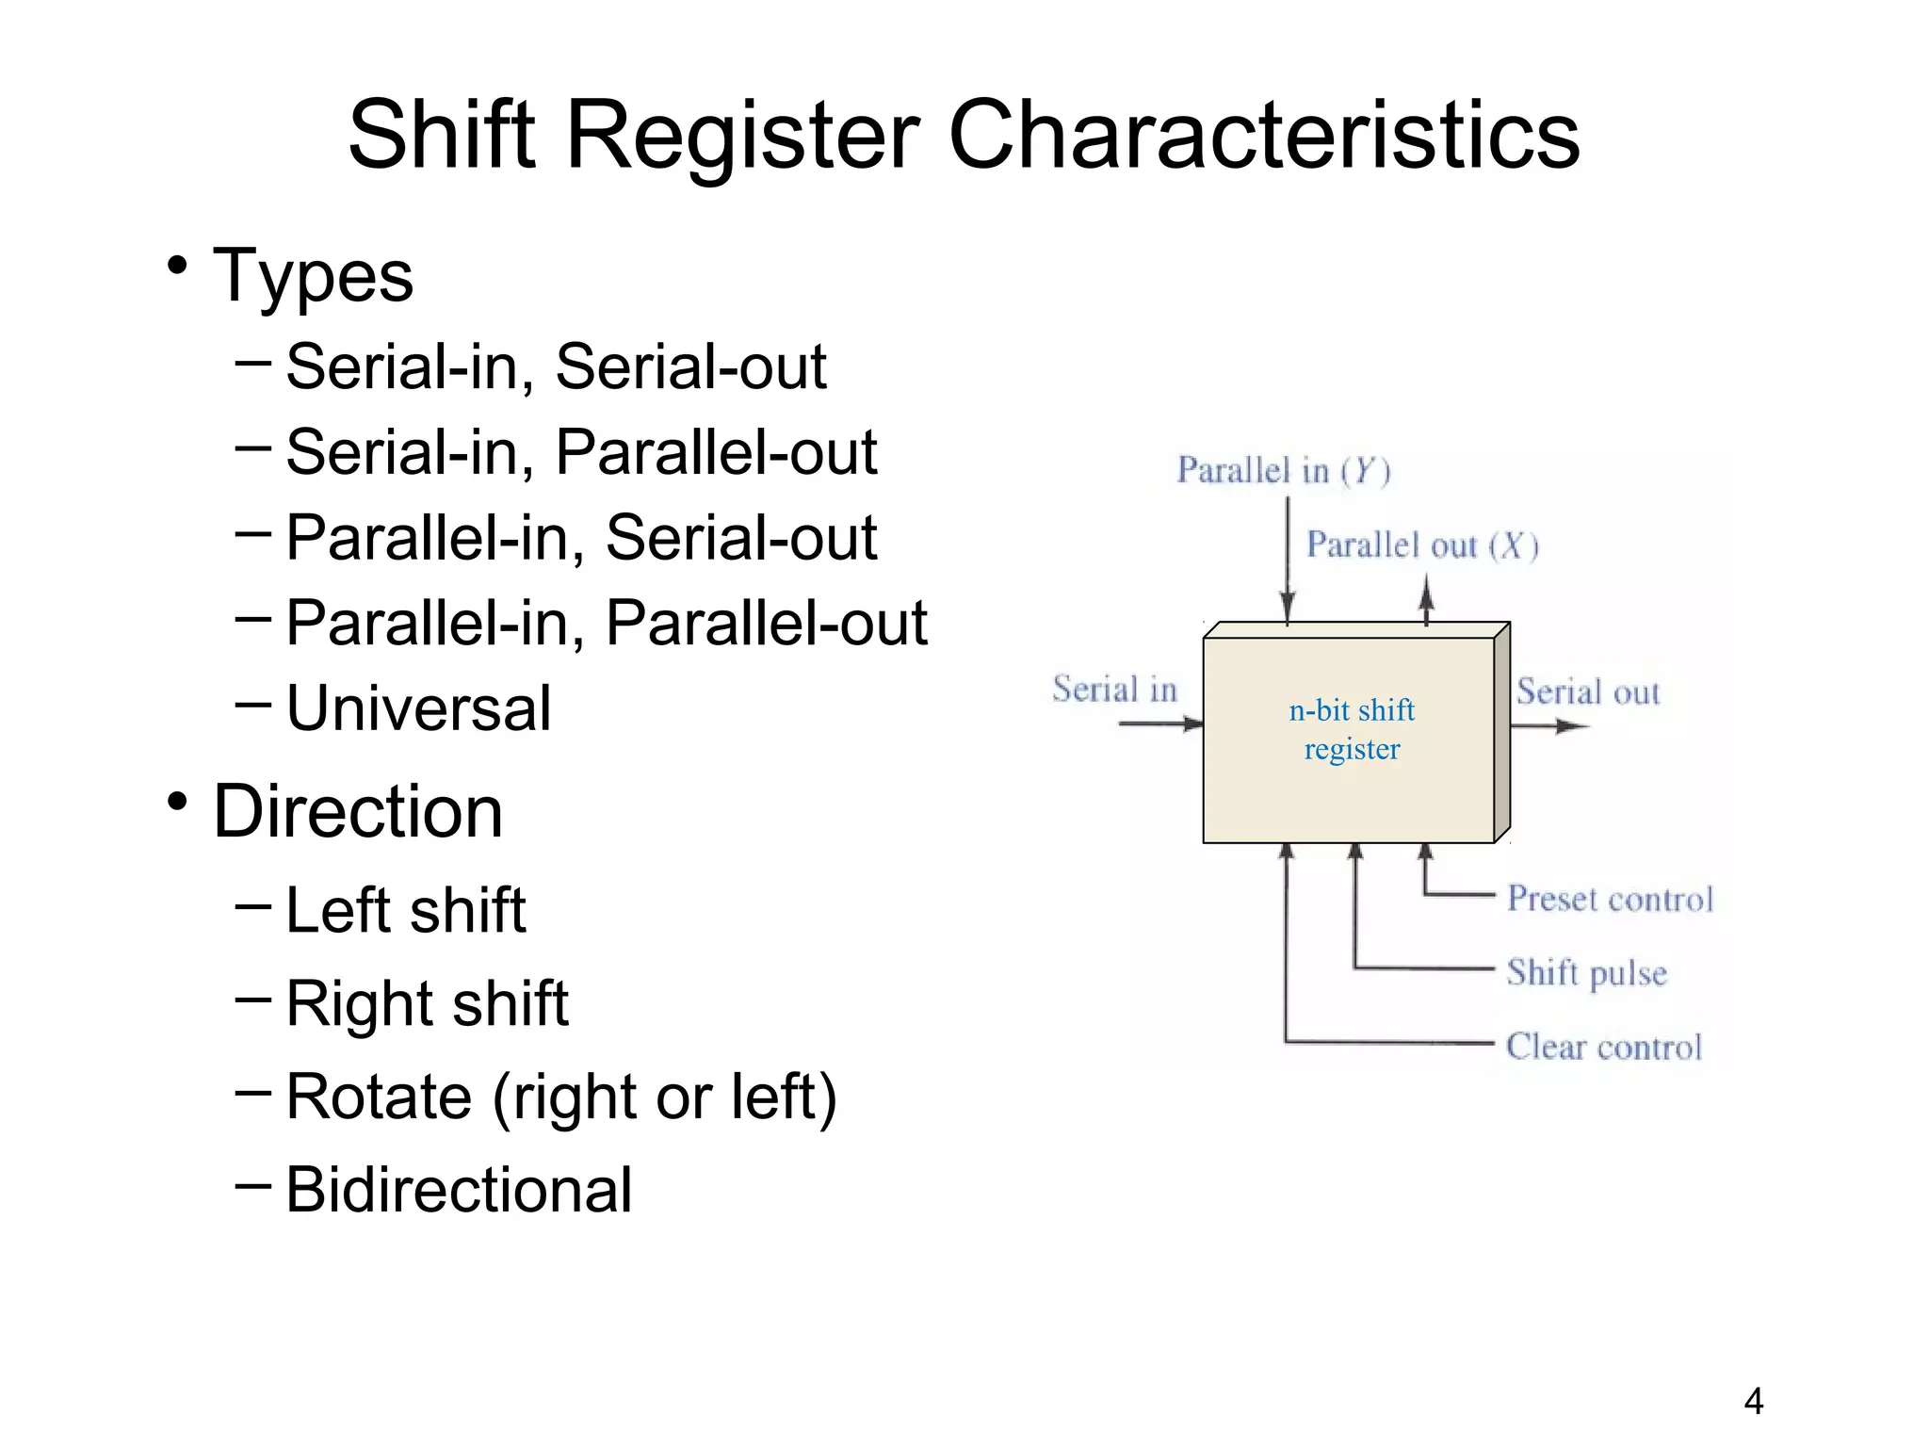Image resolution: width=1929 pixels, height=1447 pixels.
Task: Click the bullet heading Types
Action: tap(313, 276)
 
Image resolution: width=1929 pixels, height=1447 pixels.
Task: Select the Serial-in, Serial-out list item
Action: tap(556, 366)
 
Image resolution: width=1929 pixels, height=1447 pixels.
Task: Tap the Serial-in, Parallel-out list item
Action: tap(581, 452)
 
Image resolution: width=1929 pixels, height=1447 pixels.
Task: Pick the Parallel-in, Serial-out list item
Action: tap(581, 538)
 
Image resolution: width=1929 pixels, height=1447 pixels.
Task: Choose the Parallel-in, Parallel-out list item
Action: tap(607, 623)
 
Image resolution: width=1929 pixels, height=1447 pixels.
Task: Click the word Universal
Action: tap(418, 708)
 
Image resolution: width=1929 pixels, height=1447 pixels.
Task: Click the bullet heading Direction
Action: tap(358, 811)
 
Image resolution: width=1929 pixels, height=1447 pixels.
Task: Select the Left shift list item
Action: tap(405, 910)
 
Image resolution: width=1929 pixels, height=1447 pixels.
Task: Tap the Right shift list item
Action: tap(427, 1003)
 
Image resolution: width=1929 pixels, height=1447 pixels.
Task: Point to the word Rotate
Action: tap(379, 1097)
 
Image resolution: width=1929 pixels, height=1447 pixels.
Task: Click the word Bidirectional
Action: tap(459, 1190)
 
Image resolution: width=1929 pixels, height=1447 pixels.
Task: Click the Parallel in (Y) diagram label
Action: tap(1283, 470)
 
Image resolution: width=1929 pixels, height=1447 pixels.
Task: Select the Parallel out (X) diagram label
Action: tap(1421, 545)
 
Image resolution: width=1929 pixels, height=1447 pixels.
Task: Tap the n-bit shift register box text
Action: tap(1352, 729)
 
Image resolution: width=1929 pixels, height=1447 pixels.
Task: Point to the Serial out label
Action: tap(1587, 692)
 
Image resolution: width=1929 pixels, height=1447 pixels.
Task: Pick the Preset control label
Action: tap(1609, 899)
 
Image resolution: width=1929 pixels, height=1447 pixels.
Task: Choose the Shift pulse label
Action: tap(1586, 972)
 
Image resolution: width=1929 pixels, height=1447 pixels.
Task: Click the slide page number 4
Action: tap(1753, 1402)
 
